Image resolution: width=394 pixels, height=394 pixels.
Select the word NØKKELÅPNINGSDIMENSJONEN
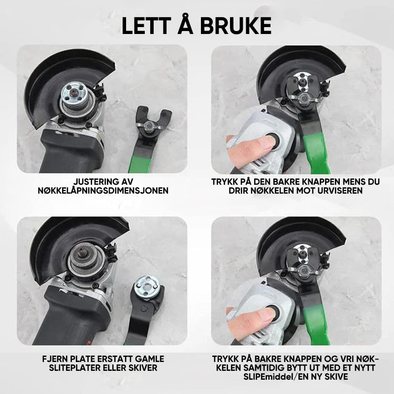coord(103,191)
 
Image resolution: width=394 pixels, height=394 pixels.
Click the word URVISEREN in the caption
coord(340,191)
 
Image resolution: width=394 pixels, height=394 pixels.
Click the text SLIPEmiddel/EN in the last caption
coord(275,377)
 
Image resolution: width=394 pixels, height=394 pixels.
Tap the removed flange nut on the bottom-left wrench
coord(147,287)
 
